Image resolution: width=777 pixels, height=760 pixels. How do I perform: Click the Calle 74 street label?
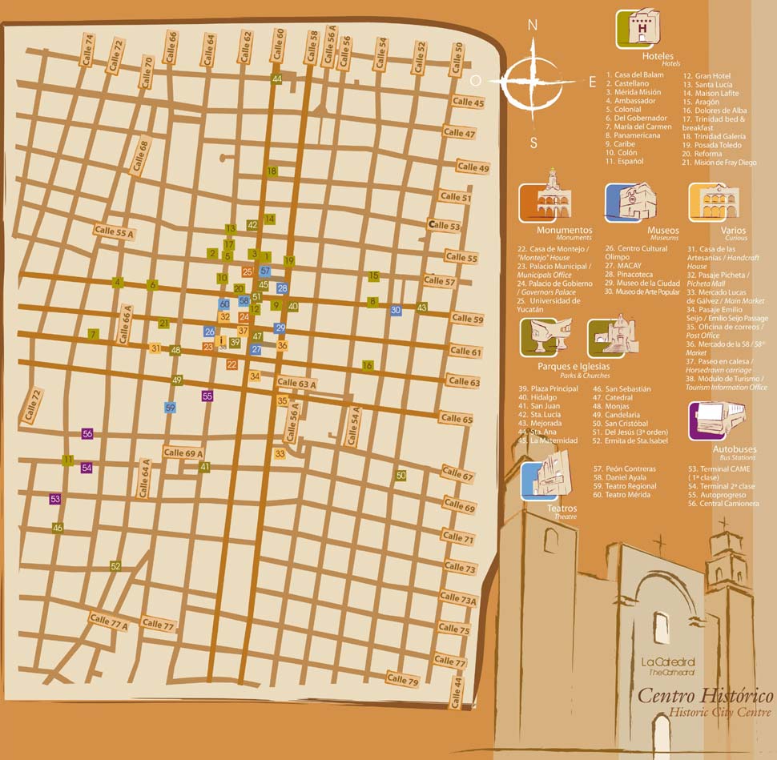(x=87, y=50)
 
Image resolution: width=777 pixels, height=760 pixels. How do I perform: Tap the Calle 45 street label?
(x=468, y=103)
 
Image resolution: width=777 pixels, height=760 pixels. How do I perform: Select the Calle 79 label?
(x=402, y=680)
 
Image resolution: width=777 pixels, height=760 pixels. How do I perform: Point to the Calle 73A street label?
(x=457, y=598)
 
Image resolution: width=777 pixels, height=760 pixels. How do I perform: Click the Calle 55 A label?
(x=115, y=231)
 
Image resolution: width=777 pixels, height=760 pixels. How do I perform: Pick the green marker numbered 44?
(x=276, y=78)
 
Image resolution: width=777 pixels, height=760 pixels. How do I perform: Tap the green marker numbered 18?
(x=272, y=171)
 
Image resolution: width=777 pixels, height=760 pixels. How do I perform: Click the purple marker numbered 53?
(x=55, y=499)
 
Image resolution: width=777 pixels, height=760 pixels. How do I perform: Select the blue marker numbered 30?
(x=396, y=310)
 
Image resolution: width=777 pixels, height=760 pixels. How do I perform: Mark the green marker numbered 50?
(x=401, y=475)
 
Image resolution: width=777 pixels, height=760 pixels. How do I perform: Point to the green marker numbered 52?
(x=115, y=566)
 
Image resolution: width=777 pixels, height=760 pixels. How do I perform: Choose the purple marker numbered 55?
(x=207, y=396)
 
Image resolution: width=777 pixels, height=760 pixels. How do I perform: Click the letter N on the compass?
(x=532, y=26)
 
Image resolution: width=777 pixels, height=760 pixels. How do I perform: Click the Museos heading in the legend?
(x=662, y=230)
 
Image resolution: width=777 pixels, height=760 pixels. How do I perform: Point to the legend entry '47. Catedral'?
(x=619, y=397)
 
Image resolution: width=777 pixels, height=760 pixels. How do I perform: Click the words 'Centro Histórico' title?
(x=705, y=695)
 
